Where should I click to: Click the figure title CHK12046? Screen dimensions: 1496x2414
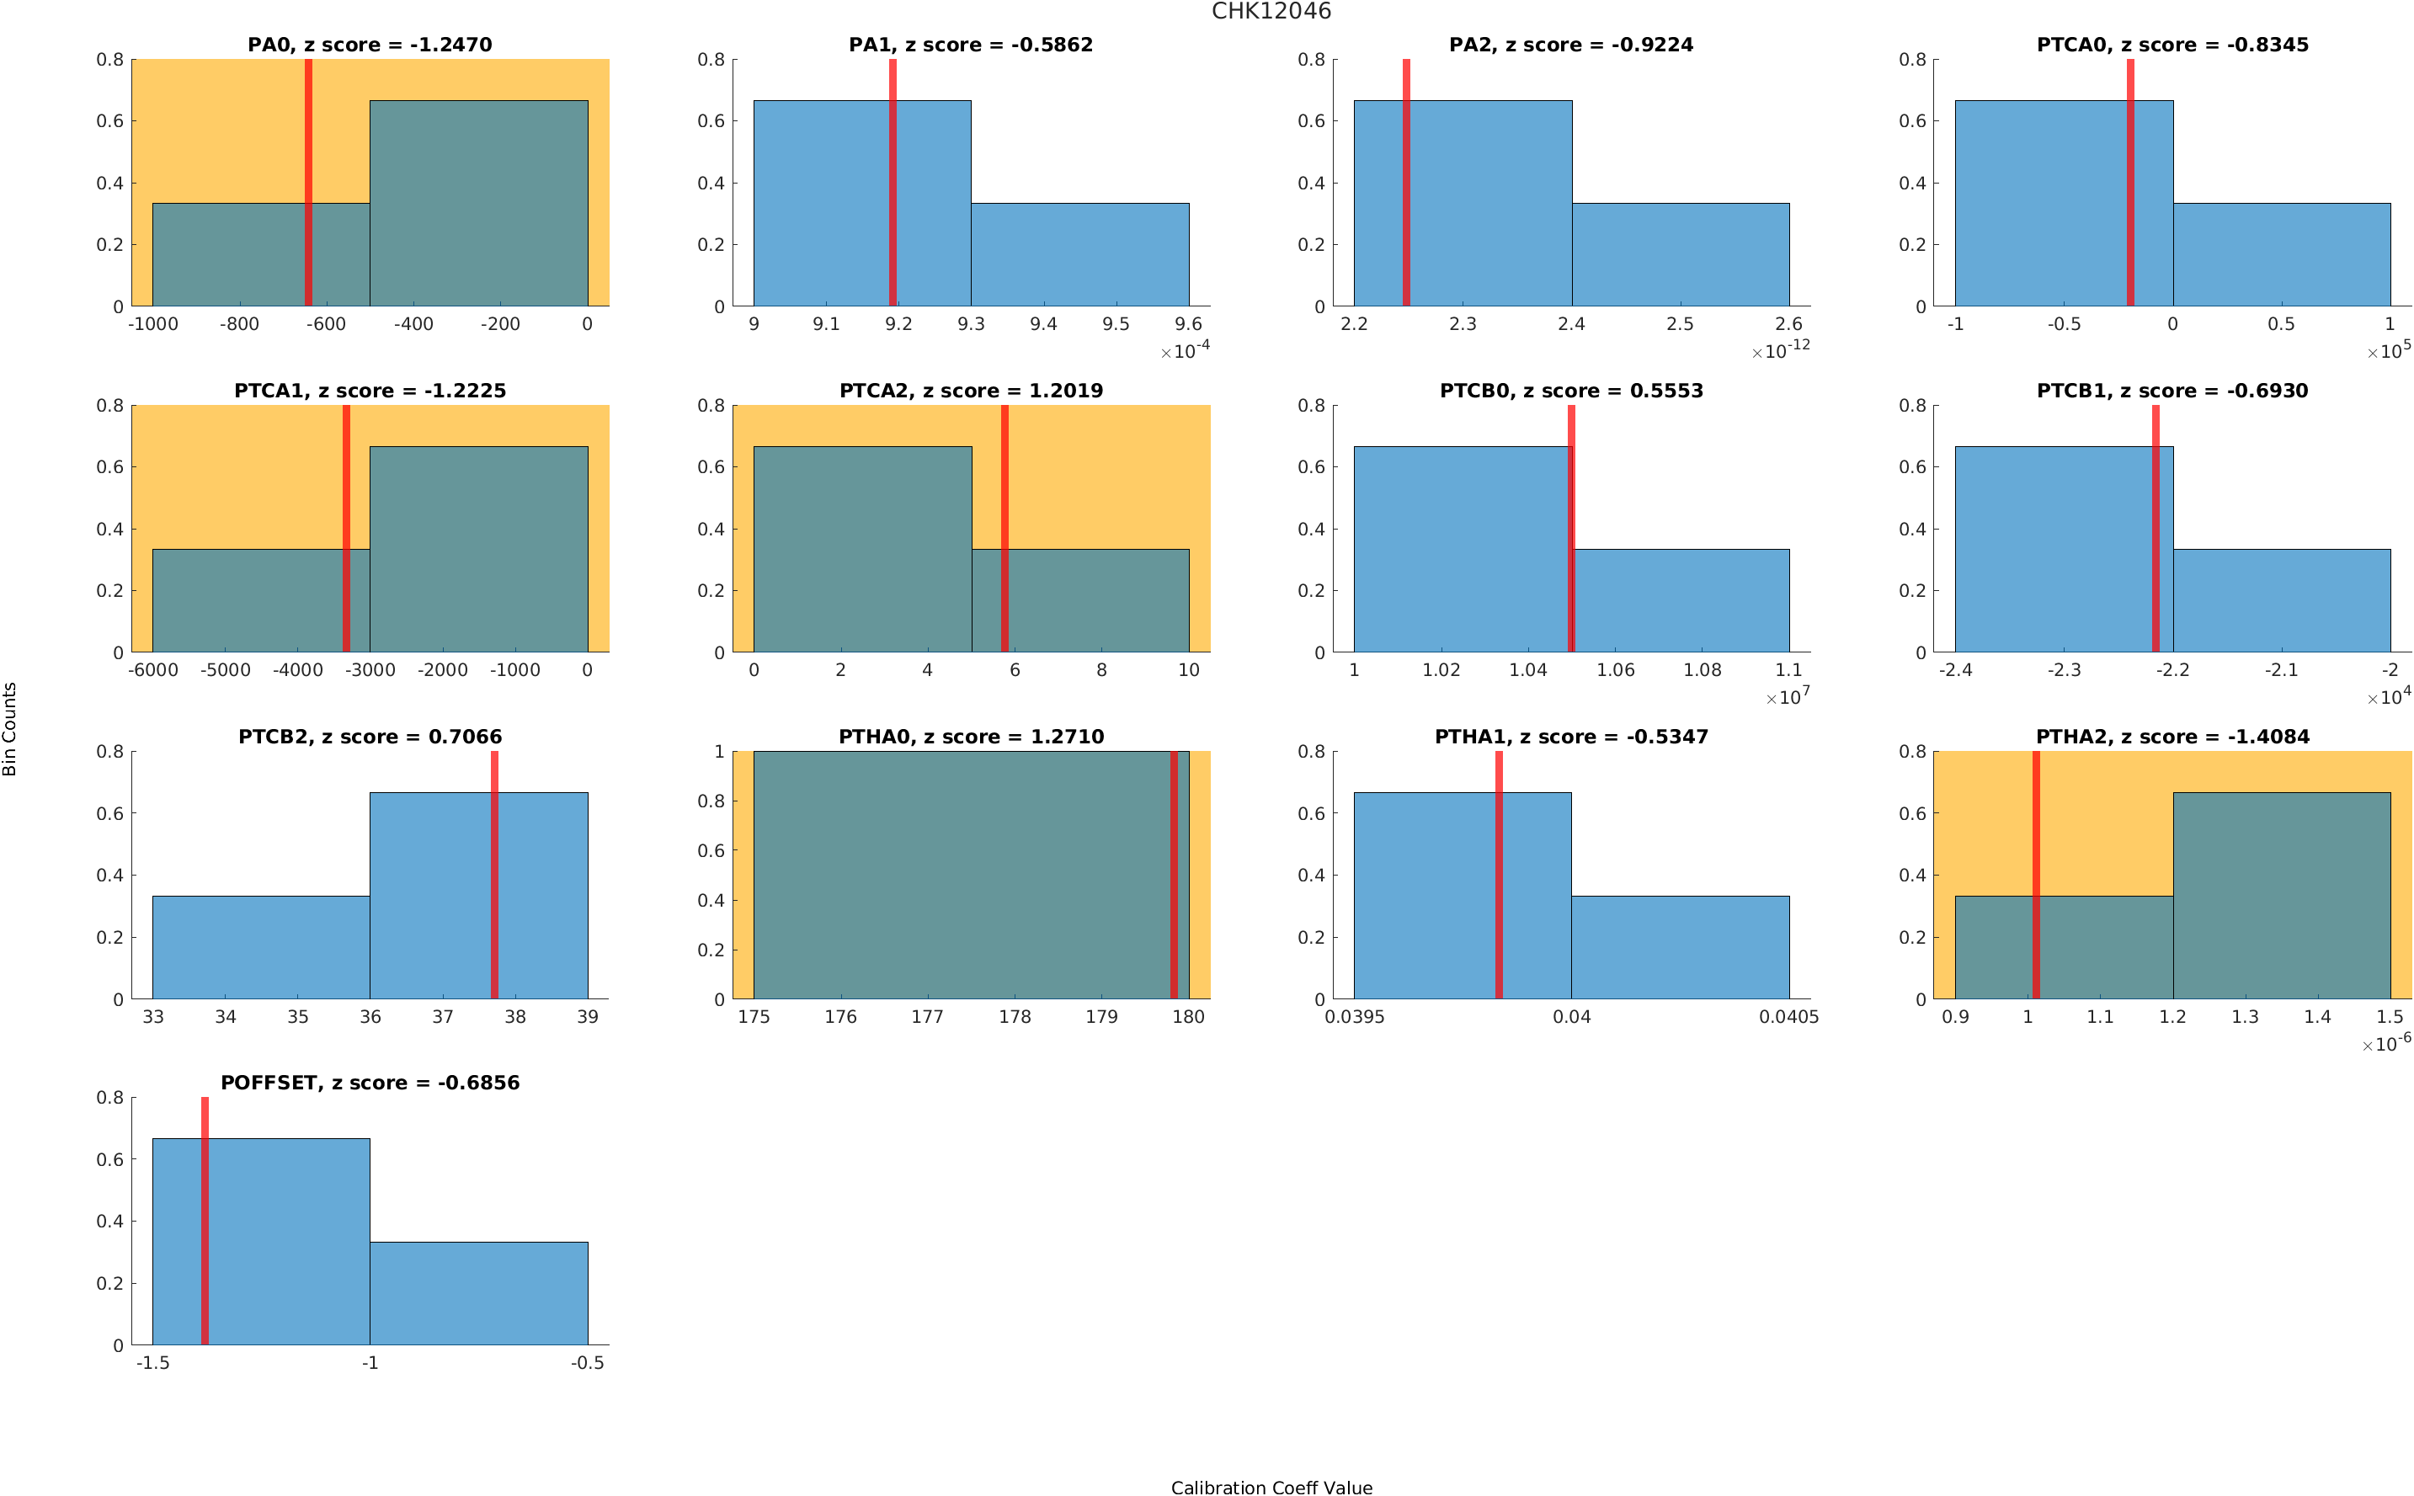pyautogui.click(x=1271, y=12)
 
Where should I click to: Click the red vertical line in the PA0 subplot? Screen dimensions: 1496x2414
pyautogui.click(x=307, y=183)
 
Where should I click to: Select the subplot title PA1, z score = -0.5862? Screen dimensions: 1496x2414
pyautogui.click(x=970, y=45)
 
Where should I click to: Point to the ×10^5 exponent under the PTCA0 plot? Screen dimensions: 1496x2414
pyautogui.click(x=2387, y=350)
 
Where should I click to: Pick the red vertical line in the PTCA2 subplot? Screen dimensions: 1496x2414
pyautogui.click(x=1005, y=529)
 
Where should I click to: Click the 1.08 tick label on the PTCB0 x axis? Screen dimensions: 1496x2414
pyautogui.click(x=1702, y=670)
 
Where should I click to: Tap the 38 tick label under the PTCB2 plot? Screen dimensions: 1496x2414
pyautogui.click(x=514, y=1016)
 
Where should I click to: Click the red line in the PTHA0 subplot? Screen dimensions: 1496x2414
pyautogui.click(x=1174, y=875)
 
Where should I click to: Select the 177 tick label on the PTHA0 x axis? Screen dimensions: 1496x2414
pyautogui.click(x=927, y=1016)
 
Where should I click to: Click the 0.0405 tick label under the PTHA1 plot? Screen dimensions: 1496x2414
pyautogui.click(x=1788, y=1016)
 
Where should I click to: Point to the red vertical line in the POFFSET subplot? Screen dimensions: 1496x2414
pyautogui.click(x=205, y=1221)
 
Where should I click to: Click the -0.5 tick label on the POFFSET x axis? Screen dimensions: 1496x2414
pyautogui.click(x=587, y=1362)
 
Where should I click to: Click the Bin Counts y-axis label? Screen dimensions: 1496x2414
pyautogui.click(x=10, y=728)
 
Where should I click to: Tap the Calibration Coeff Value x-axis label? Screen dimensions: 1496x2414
pyautogui.click(x=1271, y=1486)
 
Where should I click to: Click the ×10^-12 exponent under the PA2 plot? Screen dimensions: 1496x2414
pyautogui.click(x=1779, y=350)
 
